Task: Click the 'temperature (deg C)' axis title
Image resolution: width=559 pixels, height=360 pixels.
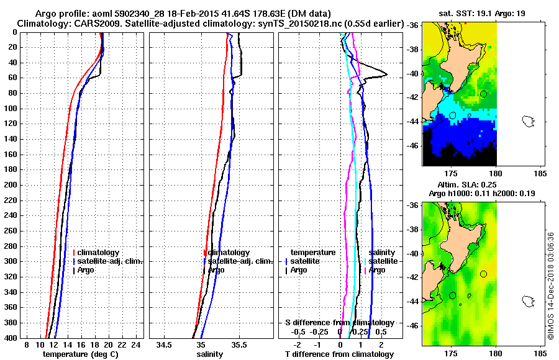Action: [80, 354]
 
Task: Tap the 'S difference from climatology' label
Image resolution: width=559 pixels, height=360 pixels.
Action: [340, 323]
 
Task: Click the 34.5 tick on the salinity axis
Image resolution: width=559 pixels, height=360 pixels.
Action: [165, 344]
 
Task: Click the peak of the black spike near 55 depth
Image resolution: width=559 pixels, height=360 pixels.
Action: [387, 74]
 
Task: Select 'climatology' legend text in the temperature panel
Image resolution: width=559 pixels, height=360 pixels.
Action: [99, 253]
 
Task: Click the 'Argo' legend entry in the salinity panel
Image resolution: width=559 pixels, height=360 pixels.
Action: [216, 270]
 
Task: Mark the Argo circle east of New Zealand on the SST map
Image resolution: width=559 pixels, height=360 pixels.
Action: [483, 94]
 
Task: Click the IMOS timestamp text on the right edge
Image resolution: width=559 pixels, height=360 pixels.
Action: [550, 285]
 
